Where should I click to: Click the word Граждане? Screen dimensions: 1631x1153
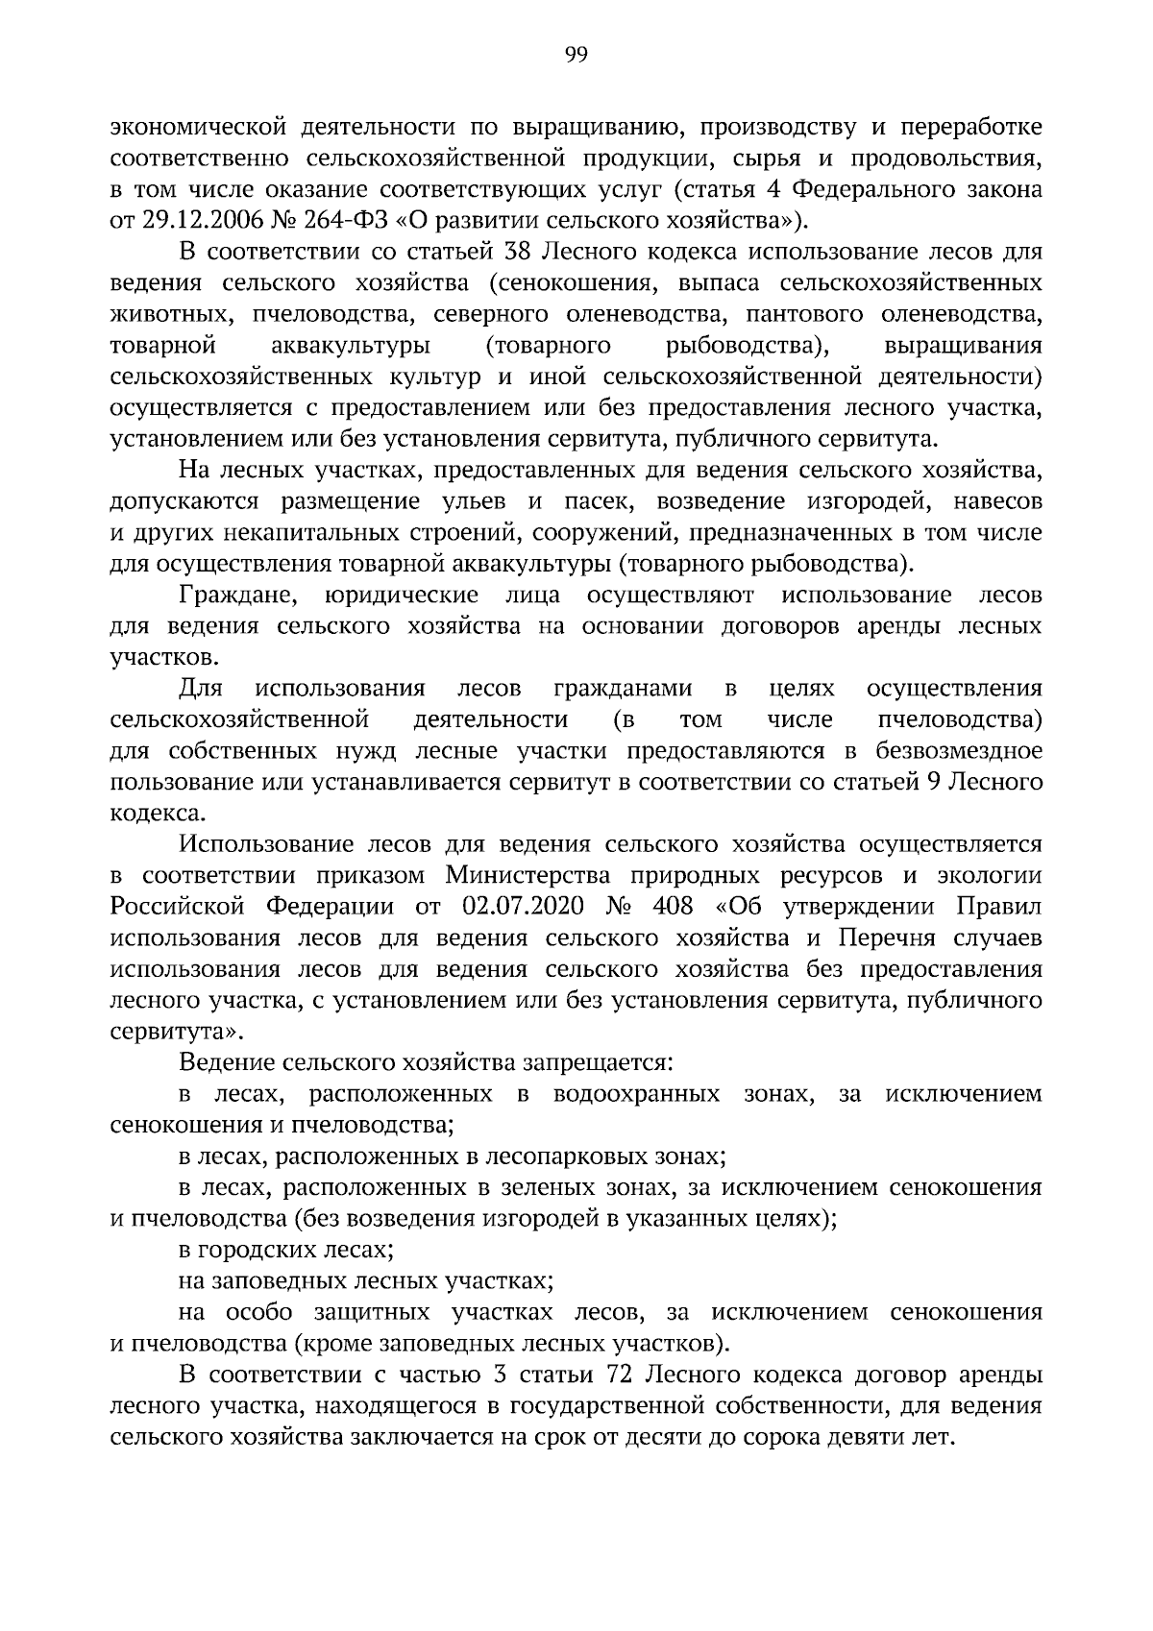pyautogui.click(x=236, y=596)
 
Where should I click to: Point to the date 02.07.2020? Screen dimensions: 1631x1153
pyautogui.click(x=522, y=908)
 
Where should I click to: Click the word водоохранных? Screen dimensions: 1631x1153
pyautogui.click(x=637, y=1095)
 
